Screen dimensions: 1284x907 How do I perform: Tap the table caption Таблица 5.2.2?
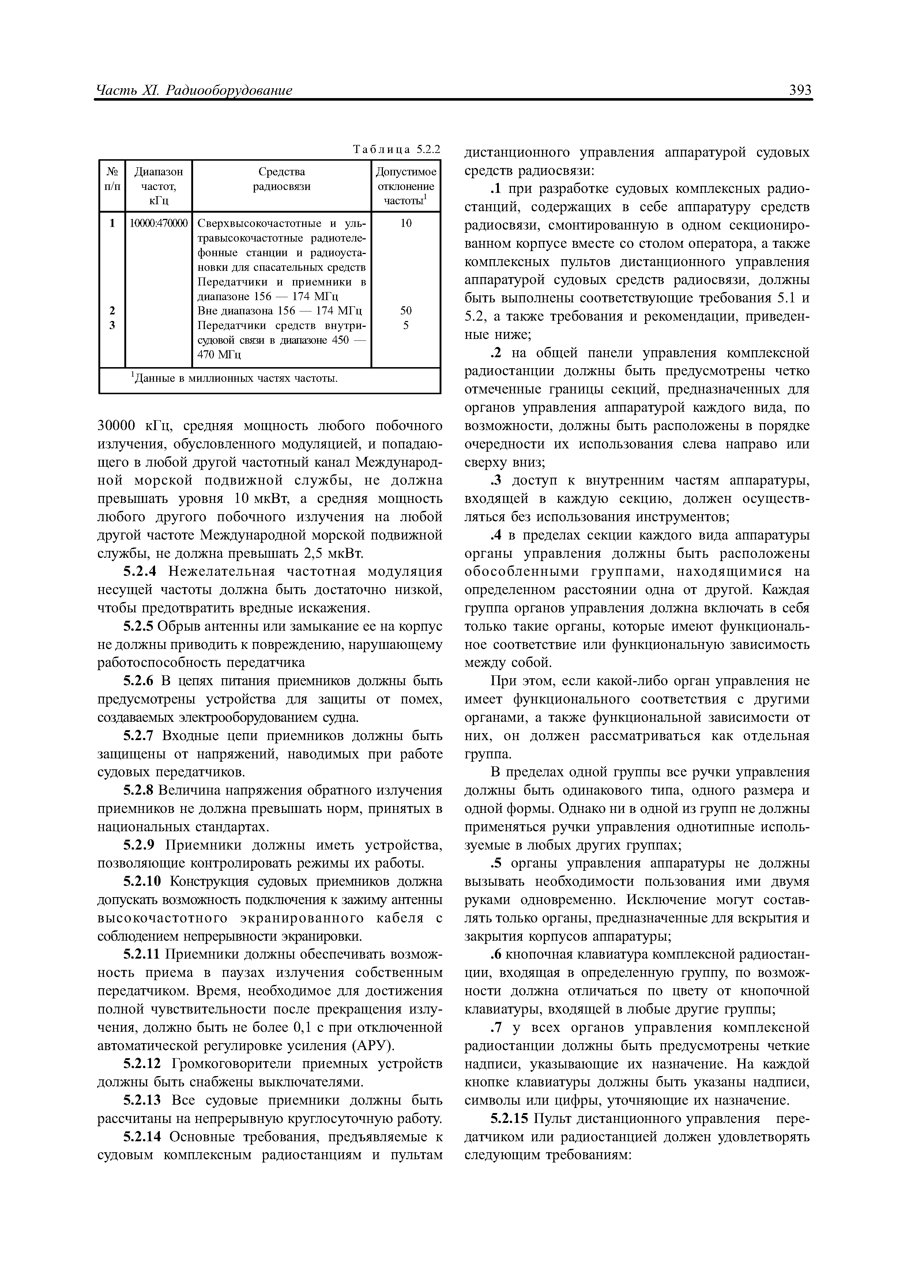tap(397, 149)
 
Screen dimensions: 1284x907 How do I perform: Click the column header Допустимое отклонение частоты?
tap(406, 186)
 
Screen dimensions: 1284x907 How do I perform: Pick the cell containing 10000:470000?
tap(159, 224)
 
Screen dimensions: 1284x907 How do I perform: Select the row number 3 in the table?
tap(112, 325)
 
